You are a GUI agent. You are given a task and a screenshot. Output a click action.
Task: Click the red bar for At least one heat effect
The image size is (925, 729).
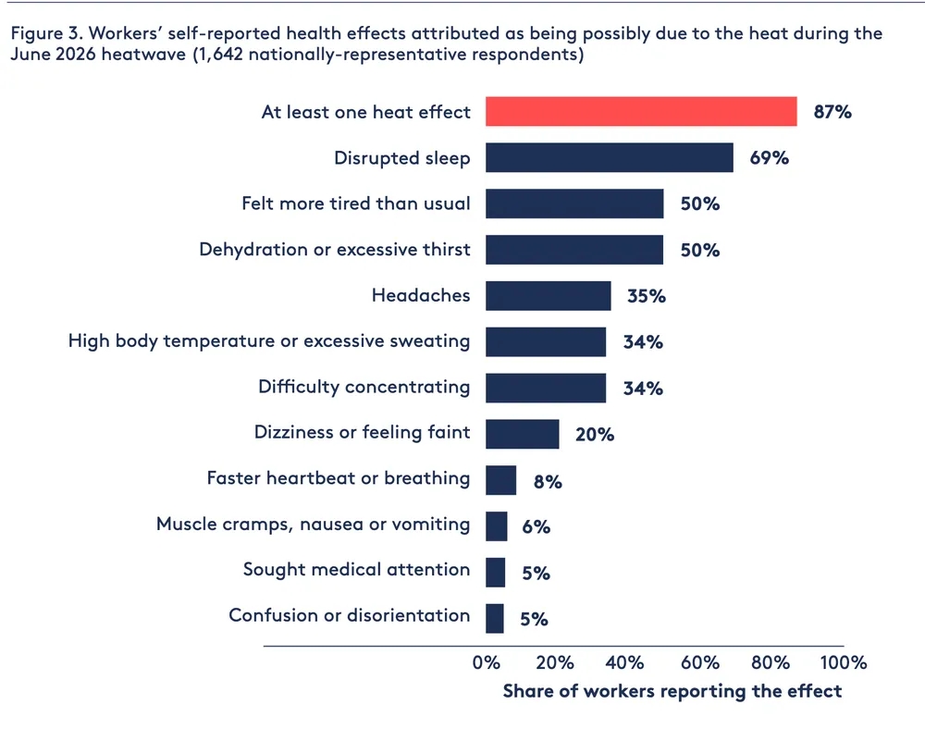click(x=641, y=111)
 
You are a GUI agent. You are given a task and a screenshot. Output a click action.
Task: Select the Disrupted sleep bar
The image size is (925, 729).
click(x=610, y=157)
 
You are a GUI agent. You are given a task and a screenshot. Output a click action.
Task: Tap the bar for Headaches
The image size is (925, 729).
click(x=549, y=295)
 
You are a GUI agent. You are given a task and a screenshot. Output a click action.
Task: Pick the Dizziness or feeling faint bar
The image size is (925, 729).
click(x=523, y=434)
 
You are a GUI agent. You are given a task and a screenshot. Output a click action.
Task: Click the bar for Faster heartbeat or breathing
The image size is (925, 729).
click(x=500, y=480)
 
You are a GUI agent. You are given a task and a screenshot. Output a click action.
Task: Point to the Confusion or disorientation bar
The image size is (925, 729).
click(x=495, y=618)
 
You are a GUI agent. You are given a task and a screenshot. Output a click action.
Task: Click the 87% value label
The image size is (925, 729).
click(x=832, y=111)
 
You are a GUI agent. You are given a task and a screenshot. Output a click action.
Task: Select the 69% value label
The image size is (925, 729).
click(x=770, y=157)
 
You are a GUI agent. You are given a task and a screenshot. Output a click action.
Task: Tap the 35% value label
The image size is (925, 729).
click(x=647, y=295)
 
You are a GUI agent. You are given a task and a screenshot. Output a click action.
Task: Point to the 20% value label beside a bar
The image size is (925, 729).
click(x=595, y=435)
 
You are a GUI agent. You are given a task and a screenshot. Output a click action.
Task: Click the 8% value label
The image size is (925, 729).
click(x=548, y=482)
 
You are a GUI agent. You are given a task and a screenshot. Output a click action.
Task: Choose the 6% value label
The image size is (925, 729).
click(x=536, y=526)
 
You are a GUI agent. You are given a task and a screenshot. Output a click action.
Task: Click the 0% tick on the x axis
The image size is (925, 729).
click(x=487, y=662)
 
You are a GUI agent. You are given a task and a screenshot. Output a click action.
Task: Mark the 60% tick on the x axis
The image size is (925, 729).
click(x=699, y=662)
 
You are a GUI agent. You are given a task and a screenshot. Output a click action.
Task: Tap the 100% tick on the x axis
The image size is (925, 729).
click(x=843, y=662)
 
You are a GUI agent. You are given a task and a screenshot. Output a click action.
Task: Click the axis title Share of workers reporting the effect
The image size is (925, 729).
click(x=672, y=691)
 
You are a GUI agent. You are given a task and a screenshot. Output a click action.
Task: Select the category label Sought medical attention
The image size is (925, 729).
click(x=356, y=569)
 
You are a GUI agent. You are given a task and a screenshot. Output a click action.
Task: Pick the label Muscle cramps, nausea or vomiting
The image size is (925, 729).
click(x=314, y=524)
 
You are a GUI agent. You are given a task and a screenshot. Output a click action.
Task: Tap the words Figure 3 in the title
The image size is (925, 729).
click(x=44, y=33)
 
